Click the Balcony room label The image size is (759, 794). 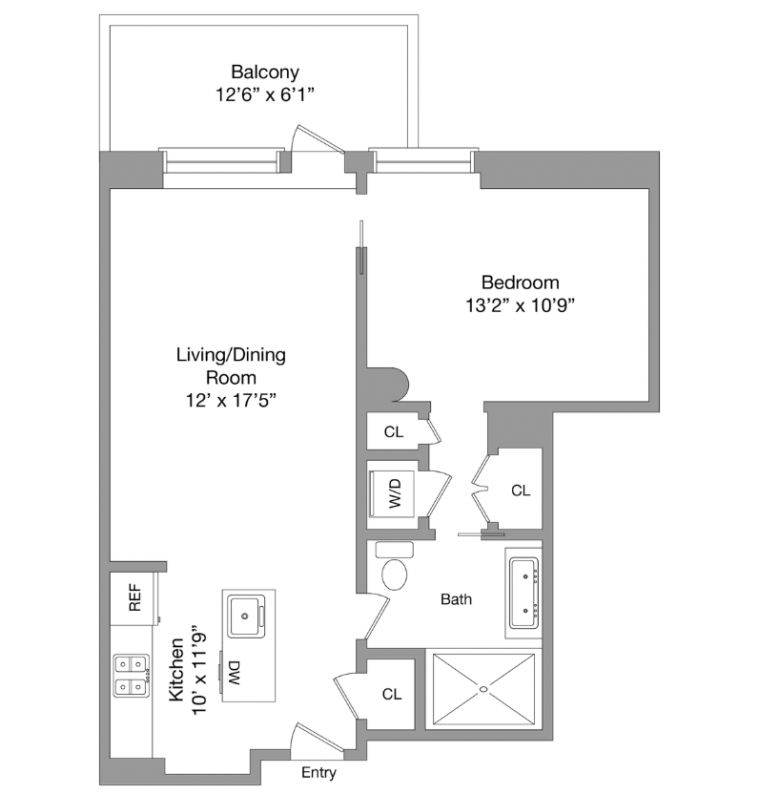(x=265, y=72)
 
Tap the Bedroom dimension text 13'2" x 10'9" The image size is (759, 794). (x=520, y=305)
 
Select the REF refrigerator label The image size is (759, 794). (x=134, y=598)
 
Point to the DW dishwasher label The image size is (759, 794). (x=234, y=674)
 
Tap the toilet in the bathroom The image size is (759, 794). (x=394, y=572)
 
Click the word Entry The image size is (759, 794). (x=318, y=772)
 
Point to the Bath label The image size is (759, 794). (x=456, y=600)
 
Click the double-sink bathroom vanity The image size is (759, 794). (x=525, y=592)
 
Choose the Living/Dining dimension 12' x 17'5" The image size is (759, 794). (x=231, y=401)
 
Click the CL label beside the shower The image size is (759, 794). (x=392, y=694)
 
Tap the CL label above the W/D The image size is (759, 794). (x=394, y=432)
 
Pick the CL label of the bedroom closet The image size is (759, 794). (x=520, y=491)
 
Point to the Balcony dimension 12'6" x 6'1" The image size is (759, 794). (x=265, y=95)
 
